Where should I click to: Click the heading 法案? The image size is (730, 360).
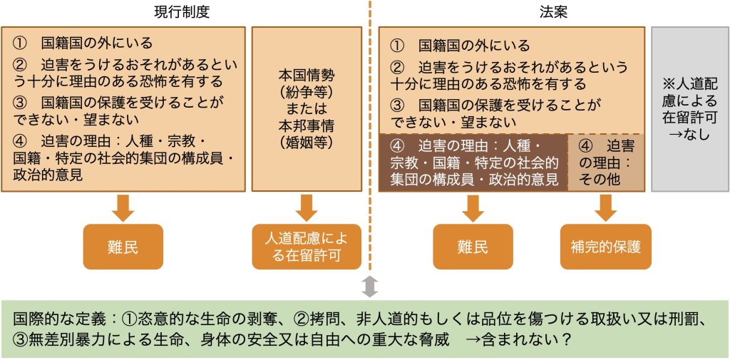click(553, 11)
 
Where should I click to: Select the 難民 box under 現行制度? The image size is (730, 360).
click(123, 247)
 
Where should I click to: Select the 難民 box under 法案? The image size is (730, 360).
click(473, 247)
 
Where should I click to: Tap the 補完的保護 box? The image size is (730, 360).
click(606, 247)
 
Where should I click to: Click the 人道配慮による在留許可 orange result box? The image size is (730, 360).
click(307, 247)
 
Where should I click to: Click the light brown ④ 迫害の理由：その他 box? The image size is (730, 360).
click(606, 162)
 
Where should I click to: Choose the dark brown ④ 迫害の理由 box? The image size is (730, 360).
click(473, 162)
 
